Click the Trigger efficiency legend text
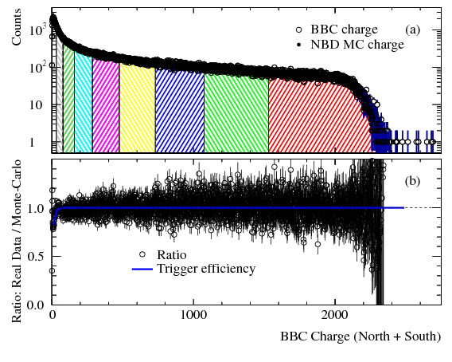[206, 269]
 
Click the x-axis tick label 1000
[193, 315]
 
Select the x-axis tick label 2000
[335, 315]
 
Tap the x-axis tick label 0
[53, 315]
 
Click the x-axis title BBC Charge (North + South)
[359, 336]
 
